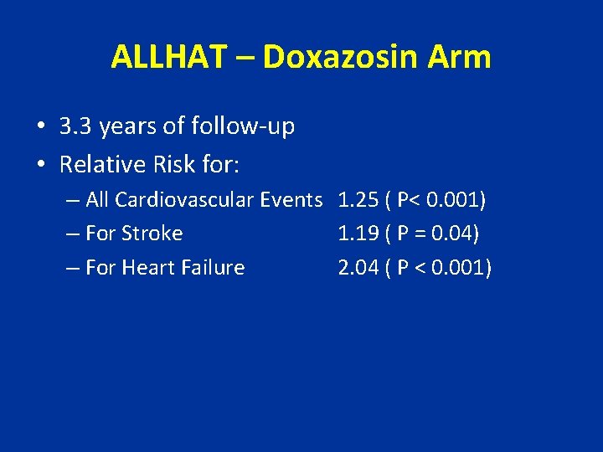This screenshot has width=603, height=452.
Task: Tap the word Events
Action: tap(291, 200)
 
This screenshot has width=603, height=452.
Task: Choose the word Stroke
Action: tap(152, 234)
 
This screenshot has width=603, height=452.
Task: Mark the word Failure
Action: tap(216, 268)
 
